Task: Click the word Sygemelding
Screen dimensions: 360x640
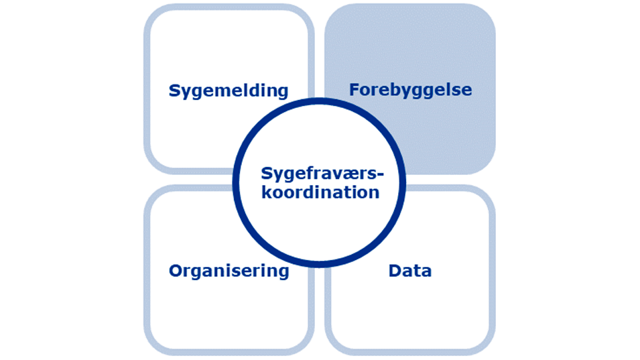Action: click(x=229, y=91)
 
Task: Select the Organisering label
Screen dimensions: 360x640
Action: click(x=229, y=271)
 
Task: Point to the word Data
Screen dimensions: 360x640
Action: click(x=409, y=271)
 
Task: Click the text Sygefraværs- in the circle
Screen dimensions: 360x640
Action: click(x=320, y=174)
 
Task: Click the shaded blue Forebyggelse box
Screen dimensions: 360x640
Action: click(x=429, y=47)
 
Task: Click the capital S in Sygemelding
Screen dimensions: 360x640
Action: click(x=174, y=91)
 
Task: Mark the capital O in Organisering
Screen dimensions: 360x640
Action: click(x=175, y=271)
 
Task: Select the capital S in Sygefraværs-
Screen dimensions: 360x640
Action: click(x=265, y=174)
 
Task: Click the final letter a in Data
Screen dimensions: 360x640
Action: click(x=426, y=272)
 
